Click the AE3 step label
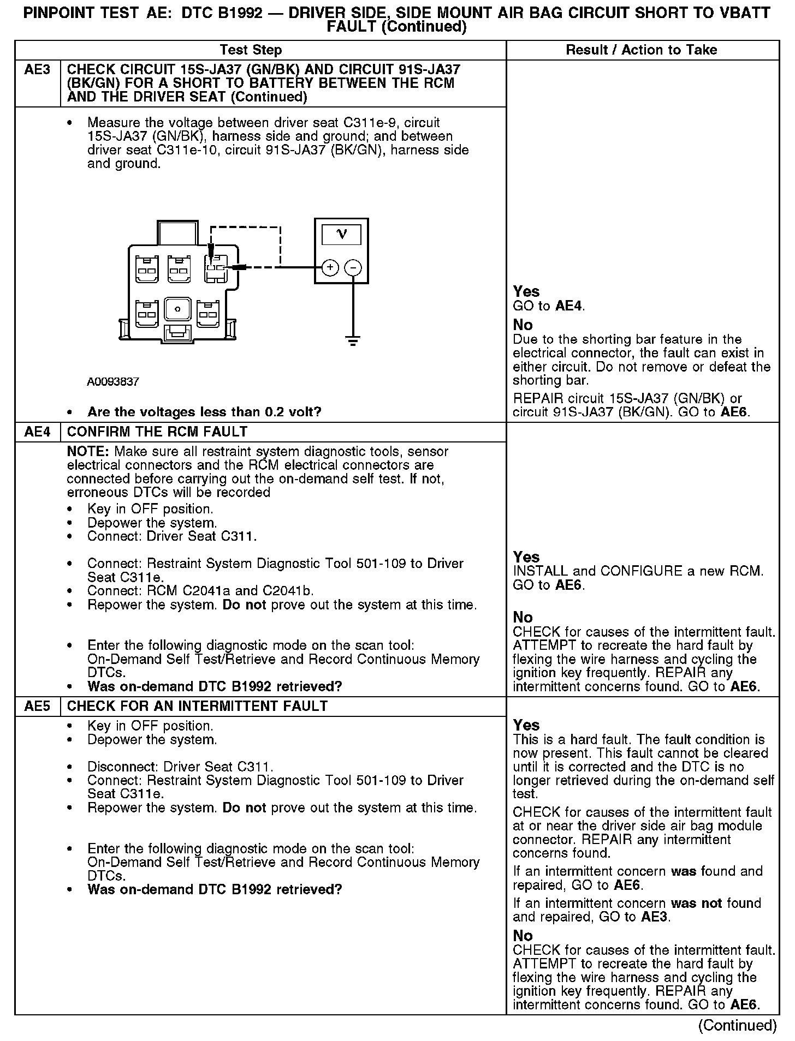click(37, 70)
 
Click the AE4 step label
click(37, 432)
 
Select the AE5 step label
click(37, 707)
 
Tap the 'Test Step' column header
click(251, 50)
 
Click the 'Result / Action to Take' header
click(642, 50)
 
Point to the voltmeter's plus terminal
click(330, 267)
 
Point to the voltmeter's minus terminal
click(353, 267)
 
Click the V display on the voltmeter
click(342, 234)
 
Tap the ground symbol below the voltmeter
click(353, 342)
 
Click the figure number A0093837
click(113, 382)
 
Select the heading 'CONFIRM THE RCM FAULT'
click(157, 432)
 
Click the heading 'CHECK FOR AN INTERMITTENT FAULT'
click(197, 707)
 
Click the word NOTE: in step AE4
click(88, 452)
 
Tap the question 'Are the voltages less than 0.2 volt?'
click(204, 412)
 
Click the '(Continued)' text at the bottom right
click(737, 1025)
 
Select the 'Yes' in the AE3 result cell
click(526, 292)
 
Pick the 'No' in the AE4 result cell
click(523, 618)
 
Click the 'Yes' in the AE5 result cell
click(526, 725)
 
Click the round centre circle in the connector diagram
click(177, 309)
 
